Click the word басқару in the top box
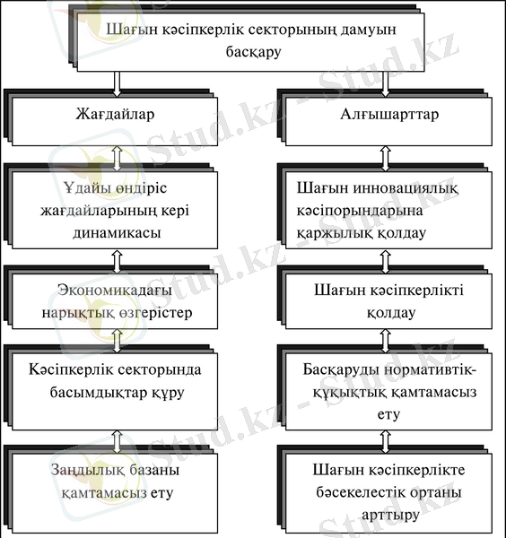[x=253, y=52]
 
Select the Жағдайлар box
[x=115, y=121]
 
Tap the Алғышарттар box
[x=388, y=121]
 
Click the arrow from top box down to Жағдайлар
[x=117, y=84]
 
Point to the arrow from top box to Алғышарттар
[x=385, y=84]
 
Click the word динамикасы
[x=117, y=232]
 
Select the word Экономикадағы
[x=115, y=291]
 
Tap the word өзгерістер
[x=156, y=313]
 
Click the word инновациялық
[x=406, y=188]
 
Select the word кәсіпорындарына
[x=360, y=211]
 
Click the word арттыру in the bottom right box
[x=390, y=516]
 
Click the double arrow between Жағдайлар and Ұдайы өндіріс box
[x=118, y=159]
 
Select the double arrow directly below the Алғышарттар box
[x=386, y=159]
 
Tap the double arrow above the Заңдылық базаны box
[x=118, y=442]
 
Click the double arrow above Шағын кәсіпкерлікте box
[x=386, y=442]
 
